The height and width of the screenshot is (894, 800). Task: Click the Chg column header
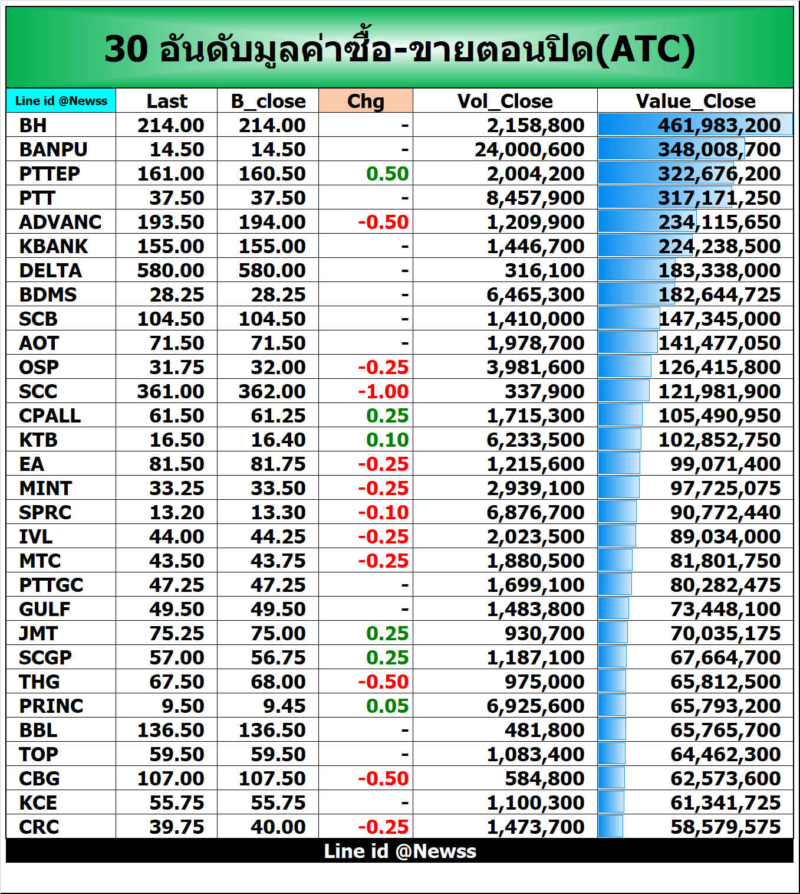pyautogui.click(x=366, y=101)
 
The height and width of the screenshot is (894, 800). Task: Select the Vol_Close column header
pyautogui.click(x=505, y=101)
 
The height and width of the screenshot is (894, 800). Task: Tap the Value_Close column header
pyautogui.click(x=695, y=101)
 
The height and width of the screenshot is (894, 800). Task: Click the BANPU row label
pyautogui.click(x=53, y=149)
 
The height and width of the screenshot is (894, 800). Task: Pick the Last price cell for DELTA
pyautogui.click(x=170, y=270)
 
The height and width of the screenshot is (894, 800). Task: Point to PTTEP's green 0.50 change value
pyautogui.click(x=387, y=173)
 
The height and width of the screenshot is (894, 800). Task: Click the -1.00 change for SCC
pyautogui.click(x=383, y=391)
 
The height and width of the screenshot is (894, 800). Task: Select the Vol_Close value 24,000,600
pyautogui.click(x=529, y=149)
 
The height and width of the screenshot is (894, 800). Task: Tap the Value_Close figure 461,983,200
pyautogui.click(x=719, y=125)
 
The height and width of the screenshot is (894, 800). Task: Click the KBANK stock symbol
pyautogui.click(x=53, y=246)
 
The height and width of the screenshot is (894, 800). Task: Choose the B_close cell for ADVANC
pyautogui.click(x=272, y=222)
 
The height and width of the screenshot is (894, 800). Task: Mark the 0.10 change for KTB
pyautogui.click(x=387, y=440)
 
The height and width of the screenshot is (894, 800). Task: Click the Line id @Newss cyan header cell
pyautogui.click(x=61, y=101)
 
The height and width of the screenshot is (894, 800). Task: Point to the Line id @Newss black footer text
pyautogui.click(x=400, y=851)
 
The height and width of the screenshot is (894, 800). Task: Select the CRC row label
pyautogui.click(x=39, y=827)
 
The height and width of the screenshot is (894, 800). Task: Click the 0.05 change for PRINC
pyautogui.click(x=387, y=706)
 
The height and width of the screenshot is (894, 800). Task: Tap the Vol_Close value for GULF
pyautogui.click(x=535, y=609)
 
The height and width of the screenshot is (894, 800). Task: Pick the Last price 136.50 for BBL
pyautogui.click(x=170, y=730)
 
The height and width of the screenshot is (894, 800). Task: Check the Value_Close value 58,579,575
pyautogui.click(x=725, y=827)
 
